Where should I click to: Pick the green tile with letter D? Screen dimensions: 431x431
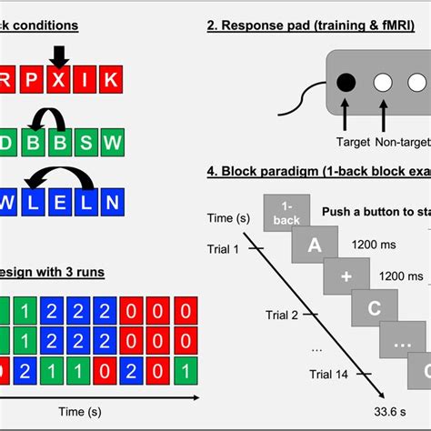(7, 143)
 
